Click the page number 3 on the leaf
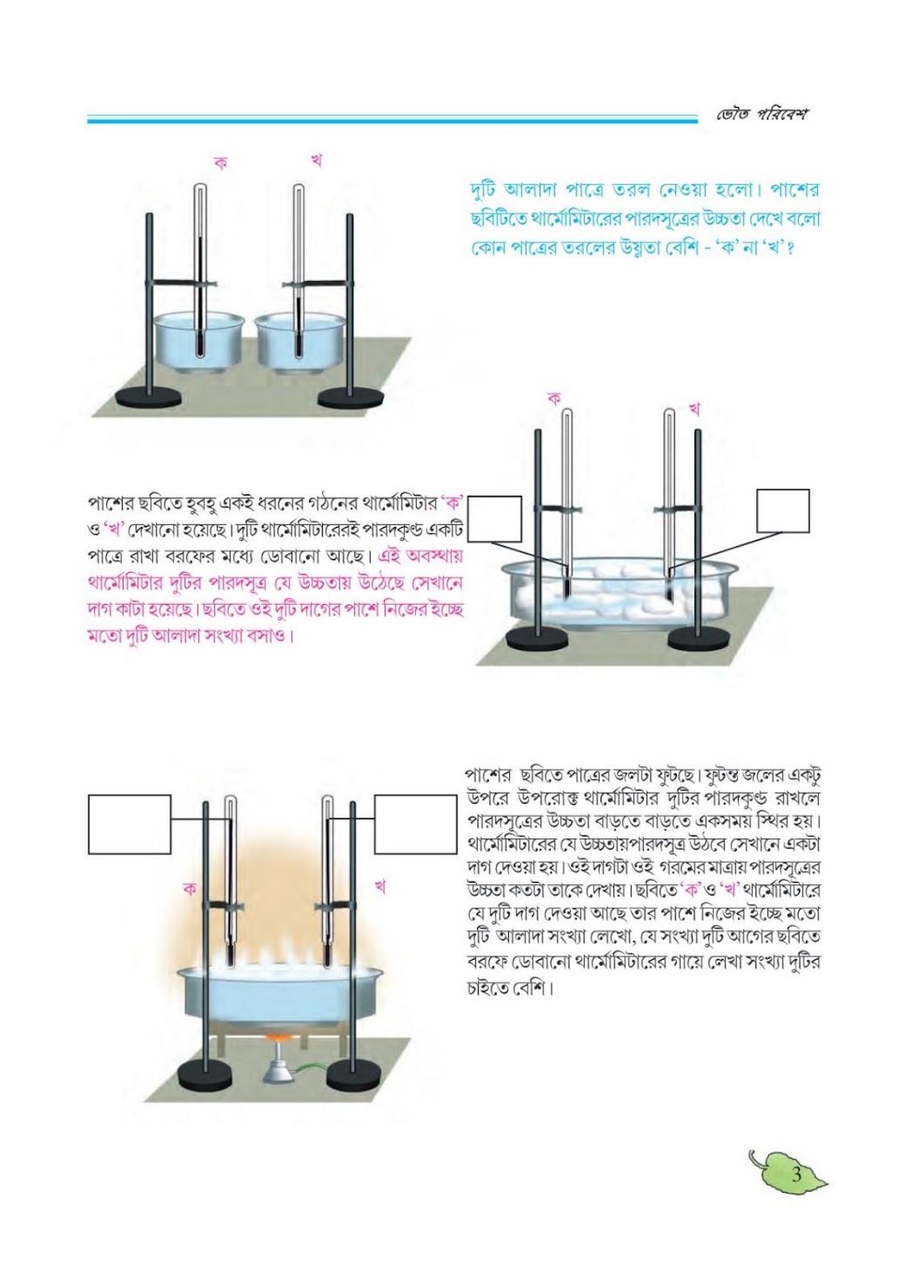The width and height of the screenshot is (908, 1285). [x=796, y=1173]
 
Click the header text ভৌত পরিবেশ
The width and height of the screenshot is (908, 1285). [x=760, y=114]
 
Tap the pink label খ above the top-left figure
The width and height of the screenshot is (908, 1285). [x=316, y=161]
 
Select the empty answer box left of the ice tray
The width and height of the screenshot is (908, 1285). [x=495, y=519]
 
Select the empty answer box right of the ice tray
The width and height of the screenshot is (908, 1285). [x=783, y=511]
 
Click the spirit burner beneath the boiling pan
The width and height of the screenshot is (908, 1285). [x=278, y=1063]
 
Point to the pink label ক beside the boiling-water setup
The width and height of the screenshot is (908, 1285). [x=189, y=889]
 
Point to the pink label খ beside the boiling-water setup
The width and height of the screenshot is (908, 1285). [x=379, y=887]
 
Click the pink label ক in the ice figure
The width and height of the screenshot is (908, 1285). [x=554, y=398]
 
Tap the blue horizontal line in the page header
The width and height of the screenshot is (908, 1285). [x=393, y=120]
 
